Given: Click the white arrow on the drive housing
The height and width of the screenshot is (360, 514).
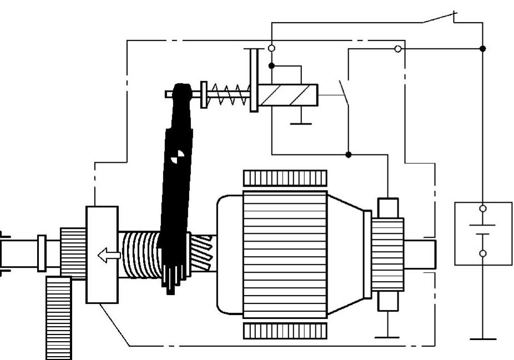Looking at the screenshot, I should point(109,256).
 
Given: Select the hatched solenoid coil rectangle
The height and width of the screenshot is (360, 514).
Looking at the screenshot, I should point(288,95).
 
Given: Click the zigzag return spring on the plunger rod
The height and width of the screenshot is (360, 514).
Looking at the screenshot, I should point(228,94).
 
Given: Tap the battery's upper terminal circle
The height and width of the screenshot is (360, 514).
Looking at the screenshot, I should point(482,209).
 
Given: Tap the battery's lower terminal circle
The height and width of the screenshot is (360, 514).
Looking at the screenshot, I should point(482,253).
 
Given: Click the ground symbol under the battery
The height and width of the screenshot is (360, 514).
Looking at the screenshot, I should point(482,338).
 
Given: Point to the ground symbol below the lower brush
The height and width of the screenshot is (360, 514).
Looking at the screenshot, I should point(387,337).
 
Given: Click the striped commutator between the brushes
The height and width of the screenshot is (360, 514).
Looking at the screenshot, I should point(387,254).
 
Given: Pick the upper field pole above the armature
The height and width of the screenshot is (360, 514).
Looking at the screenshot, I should point(285,178).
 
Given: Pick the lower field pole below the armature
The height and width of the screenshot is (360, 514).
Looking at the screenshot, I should point(285,331).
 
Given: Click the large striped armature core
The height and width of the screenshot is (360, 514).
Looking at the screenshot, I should point(285,254).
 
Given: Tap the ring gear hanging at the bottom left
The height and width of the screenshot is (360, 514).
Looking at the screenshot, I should point(59,318).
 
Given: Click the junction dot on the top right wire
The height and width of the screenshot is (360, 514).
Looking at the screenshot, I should point(482,49).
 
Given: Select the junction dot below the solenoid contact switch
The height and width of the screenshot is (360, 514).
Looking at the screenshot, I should point(348,154).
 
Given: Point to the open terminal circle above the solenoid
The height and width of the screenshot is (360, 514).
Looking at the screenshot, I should point(271,48).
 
